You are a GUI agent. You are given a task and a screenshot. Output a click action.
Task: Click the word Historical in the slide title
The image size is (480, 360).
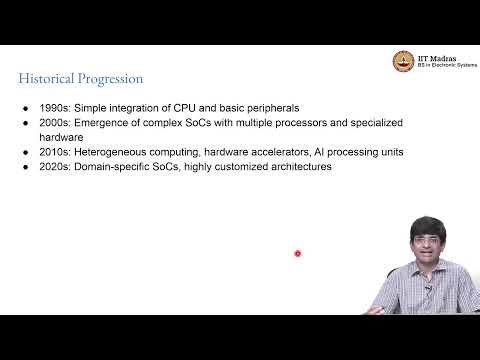tap(47, 78)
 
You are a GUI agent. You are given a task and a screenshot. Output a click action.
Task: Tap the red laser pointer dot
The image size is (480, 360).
tap(297, 253)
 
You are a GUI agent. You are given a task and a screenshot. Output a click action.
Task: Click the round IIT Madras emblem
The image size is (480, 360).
tap(406, 61)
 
